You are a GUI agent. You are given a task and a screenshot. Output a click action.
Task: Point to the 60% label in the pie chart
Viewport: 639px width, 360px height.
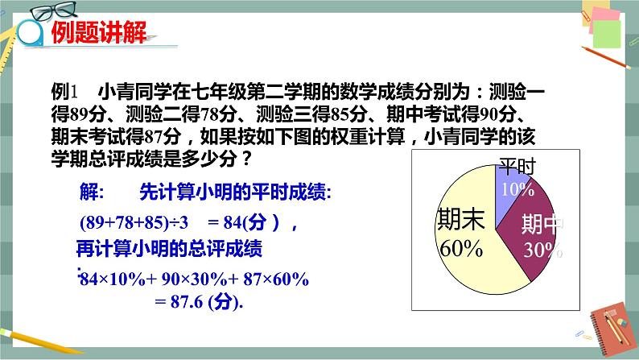point(460,248)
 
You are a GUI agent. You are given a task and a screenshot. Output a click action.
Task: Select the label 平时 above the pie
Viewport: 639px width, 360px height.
point(517,167)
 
